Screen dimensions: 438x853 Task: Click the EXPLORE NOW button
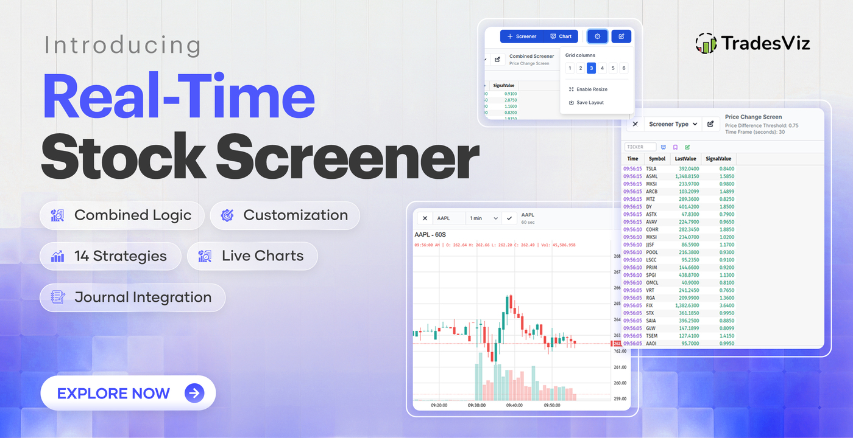click(128, 393)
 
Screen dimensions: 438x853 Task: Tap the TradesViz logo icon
click(706, 43)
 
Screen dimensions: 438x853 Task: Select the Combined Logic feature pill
click(122, 215)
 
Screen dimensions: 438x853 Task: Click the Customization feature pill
click(285, 215)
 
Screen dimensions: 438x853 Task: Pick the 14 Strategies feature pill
click(110, 256)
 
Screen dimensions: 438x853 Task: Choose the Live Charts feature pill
click(252, 256)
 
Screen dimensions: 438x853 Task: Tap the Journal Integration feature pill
click(132, 297)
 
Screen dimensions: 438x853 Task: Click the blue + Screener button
click(522, 36)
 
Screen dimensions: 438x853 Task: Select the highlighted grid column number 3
click(591, 68)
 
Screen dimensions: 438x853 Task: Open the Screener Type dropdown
click(673, 124)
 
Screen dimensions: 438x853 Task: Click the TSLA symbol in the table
click(651, 169)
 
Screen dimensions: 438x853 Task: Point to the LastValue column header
click(685, 159)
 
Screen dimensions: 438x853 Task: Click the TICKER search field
click(640, 147)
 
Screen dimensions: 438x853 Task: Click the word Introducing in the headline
click(122, 46)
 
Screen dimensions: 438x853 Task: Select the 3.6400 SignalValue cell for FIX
click(726, 305)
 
